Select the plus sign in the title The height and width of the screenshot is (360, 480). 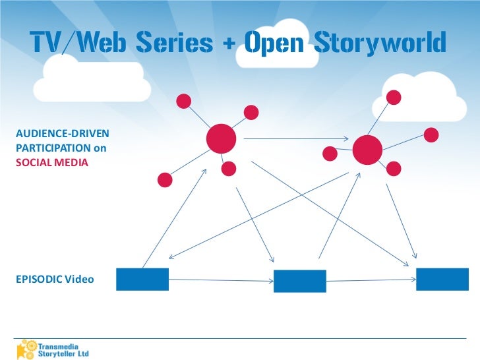click(x=229, y=44)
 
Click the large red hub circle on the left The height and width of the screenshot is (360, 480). click(x=221, y=138)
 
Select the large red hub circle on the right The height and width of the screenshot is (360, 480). click(x=367, y=151)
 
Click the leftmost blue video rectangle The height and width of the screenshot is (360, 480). click(x=142, y=279)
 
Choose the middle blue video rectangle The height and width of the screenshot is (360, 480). click(x=300, y=281)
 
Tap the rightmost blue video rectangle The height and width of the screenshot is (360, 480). click(x=442, y=279)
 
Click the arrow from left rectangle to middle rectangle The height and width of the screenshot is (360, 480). click(x=221, y=280)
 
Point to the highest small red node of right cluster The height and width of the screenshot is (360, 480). click(x=394, y=98)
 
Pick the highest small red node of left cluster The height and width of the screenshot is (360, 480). click(x=184, y=101)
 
